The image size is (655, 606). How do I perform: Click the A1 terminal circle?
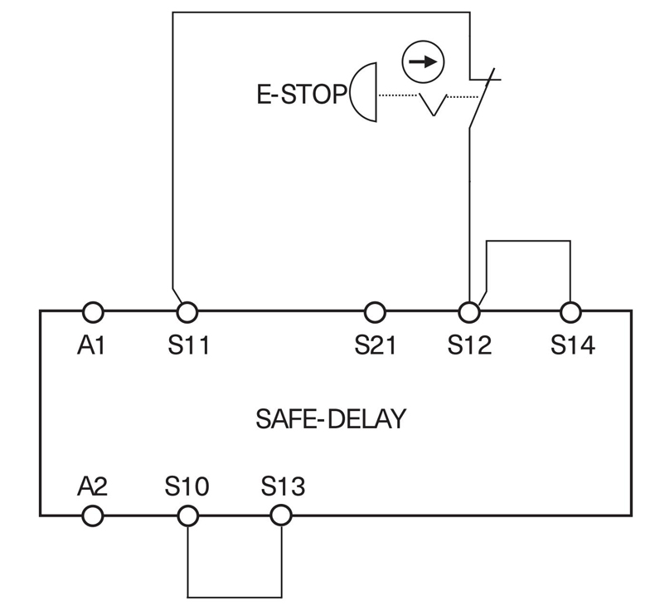pos(93,312)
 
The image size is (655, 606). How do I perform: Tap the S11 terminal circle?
pos(188,312)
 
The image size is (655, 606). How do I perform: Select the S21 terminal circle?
pos(375,312)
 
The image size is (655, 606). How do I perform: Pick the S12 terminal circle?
pos(470,312)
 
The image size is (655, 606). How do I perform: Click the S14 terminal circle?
pos(570,312)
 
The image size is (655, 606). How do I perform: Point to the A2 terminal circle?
pos(93,516)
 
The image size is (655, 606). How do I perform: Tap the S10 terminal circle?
pos(188,516)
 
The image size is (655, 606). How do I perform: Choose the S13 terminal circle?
pos(282,516)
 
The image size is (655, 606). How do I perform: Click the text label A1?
pos(92,345)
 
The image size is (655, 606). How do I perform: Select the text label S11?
pos(188,345)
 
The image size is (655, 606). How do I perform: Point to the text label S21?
pos(376,345)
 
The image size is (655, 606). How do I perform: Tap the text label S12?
pos(470,345)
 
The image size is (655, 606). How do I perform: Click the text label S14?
pos(572,345)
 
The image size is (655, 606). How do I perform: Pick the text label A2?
pos(93,486)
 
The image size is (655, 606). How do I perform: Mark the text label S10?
pos(188,486)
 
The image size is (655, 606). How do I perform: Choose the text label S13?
pos(283,486)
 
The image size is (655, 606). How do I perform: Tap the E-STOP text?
pos(300,95)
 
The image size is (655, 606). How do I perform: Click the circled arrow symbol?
pos(423,62)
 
